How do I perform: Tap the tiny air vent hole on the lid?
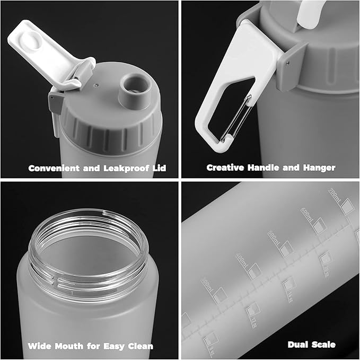(96, 84)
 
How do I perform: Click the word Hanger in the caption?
(318, 168)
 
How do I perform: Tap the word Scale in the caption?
(324, 345)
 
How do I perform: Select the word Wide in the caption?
(39, 346)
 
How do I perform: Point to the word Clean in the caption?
(141, 346)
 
